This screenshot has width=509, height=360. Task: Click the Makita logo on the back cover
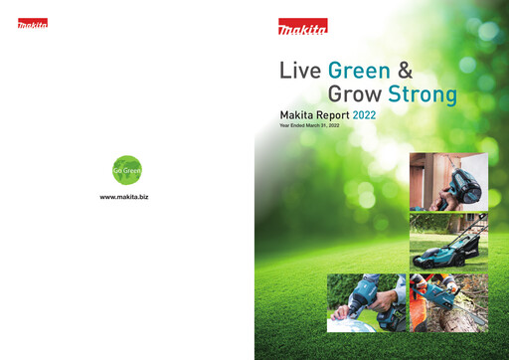tap(32, 23)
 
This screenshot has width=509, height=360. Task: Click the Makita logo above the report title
tap(303, 27)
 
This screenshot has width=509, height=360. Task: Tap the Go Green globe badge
tap(126, 170)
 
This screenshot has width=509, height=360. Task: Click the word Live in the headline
tap(301, 72)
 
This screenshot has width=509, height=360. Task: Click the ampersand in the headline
tap(405, 72)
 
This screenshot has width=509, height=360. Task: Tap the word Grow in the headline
tap(355, 96)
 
